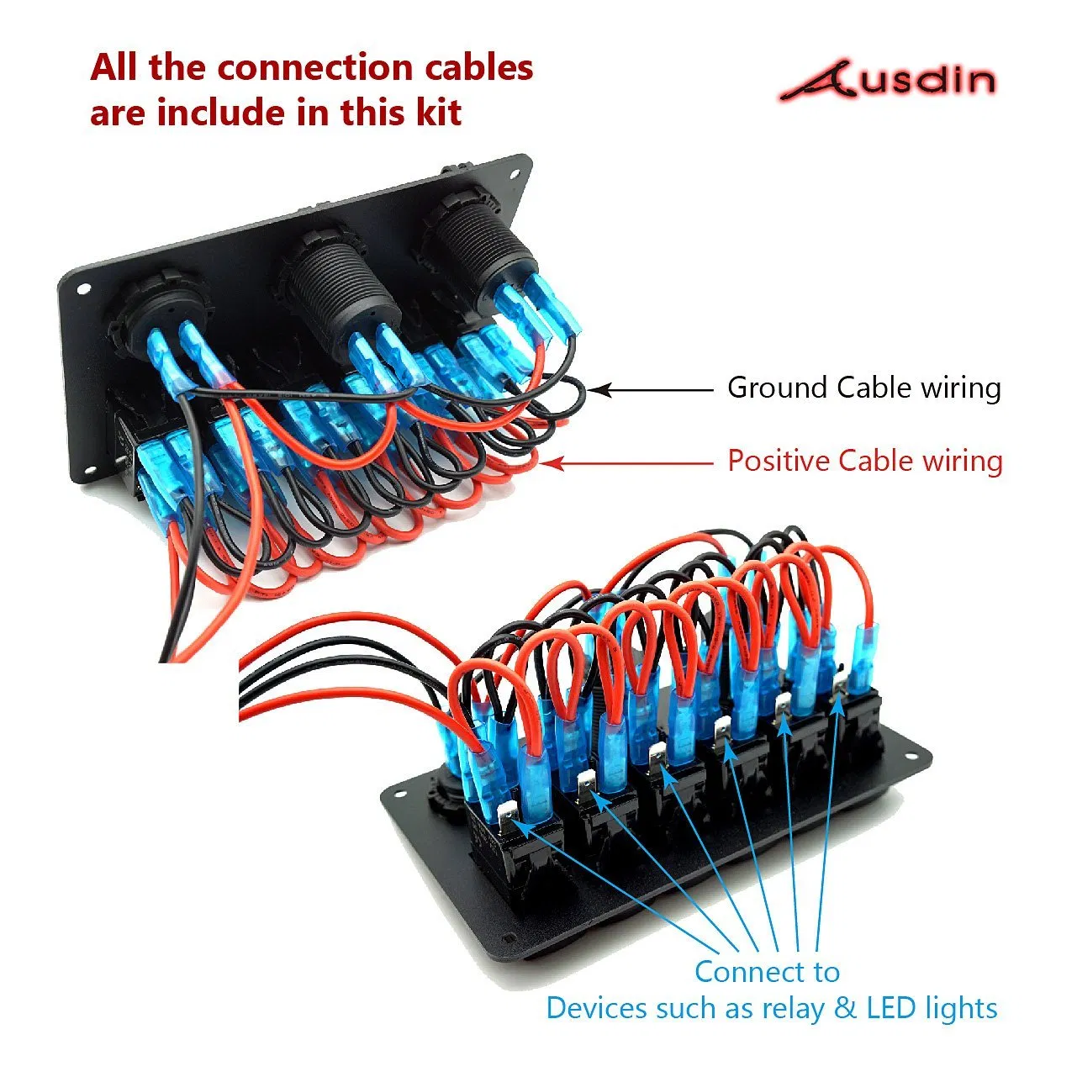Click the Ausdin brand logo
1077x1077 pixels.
point(887,81)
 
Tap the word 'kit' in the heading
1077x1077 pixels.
point(438,112)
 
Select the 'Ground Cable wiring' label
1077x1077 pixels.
point(863,388)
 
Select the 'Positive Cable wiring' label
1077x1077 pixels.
point(864,461)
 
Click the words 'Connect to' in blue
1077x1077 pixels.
point(767,972)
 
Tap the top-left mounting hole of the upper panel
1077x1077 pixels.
point(84,288)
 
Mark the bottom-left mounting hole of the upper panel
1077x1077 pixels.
point(87,467)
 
